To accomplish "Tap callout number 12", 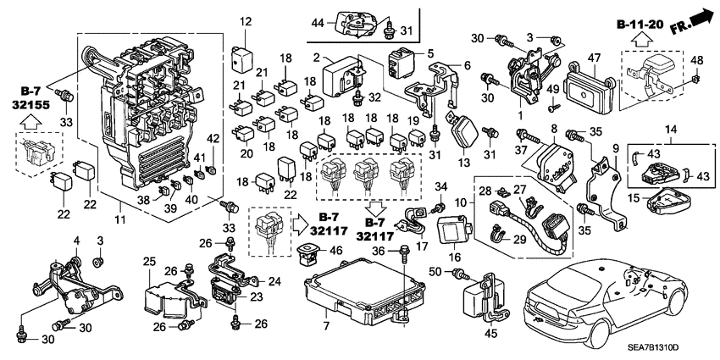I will (245, 21).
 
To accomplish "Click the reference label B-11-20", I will (641, 26).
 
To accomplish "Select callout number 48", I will (698, 59).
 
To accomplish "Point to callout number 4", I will (76, 241).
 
